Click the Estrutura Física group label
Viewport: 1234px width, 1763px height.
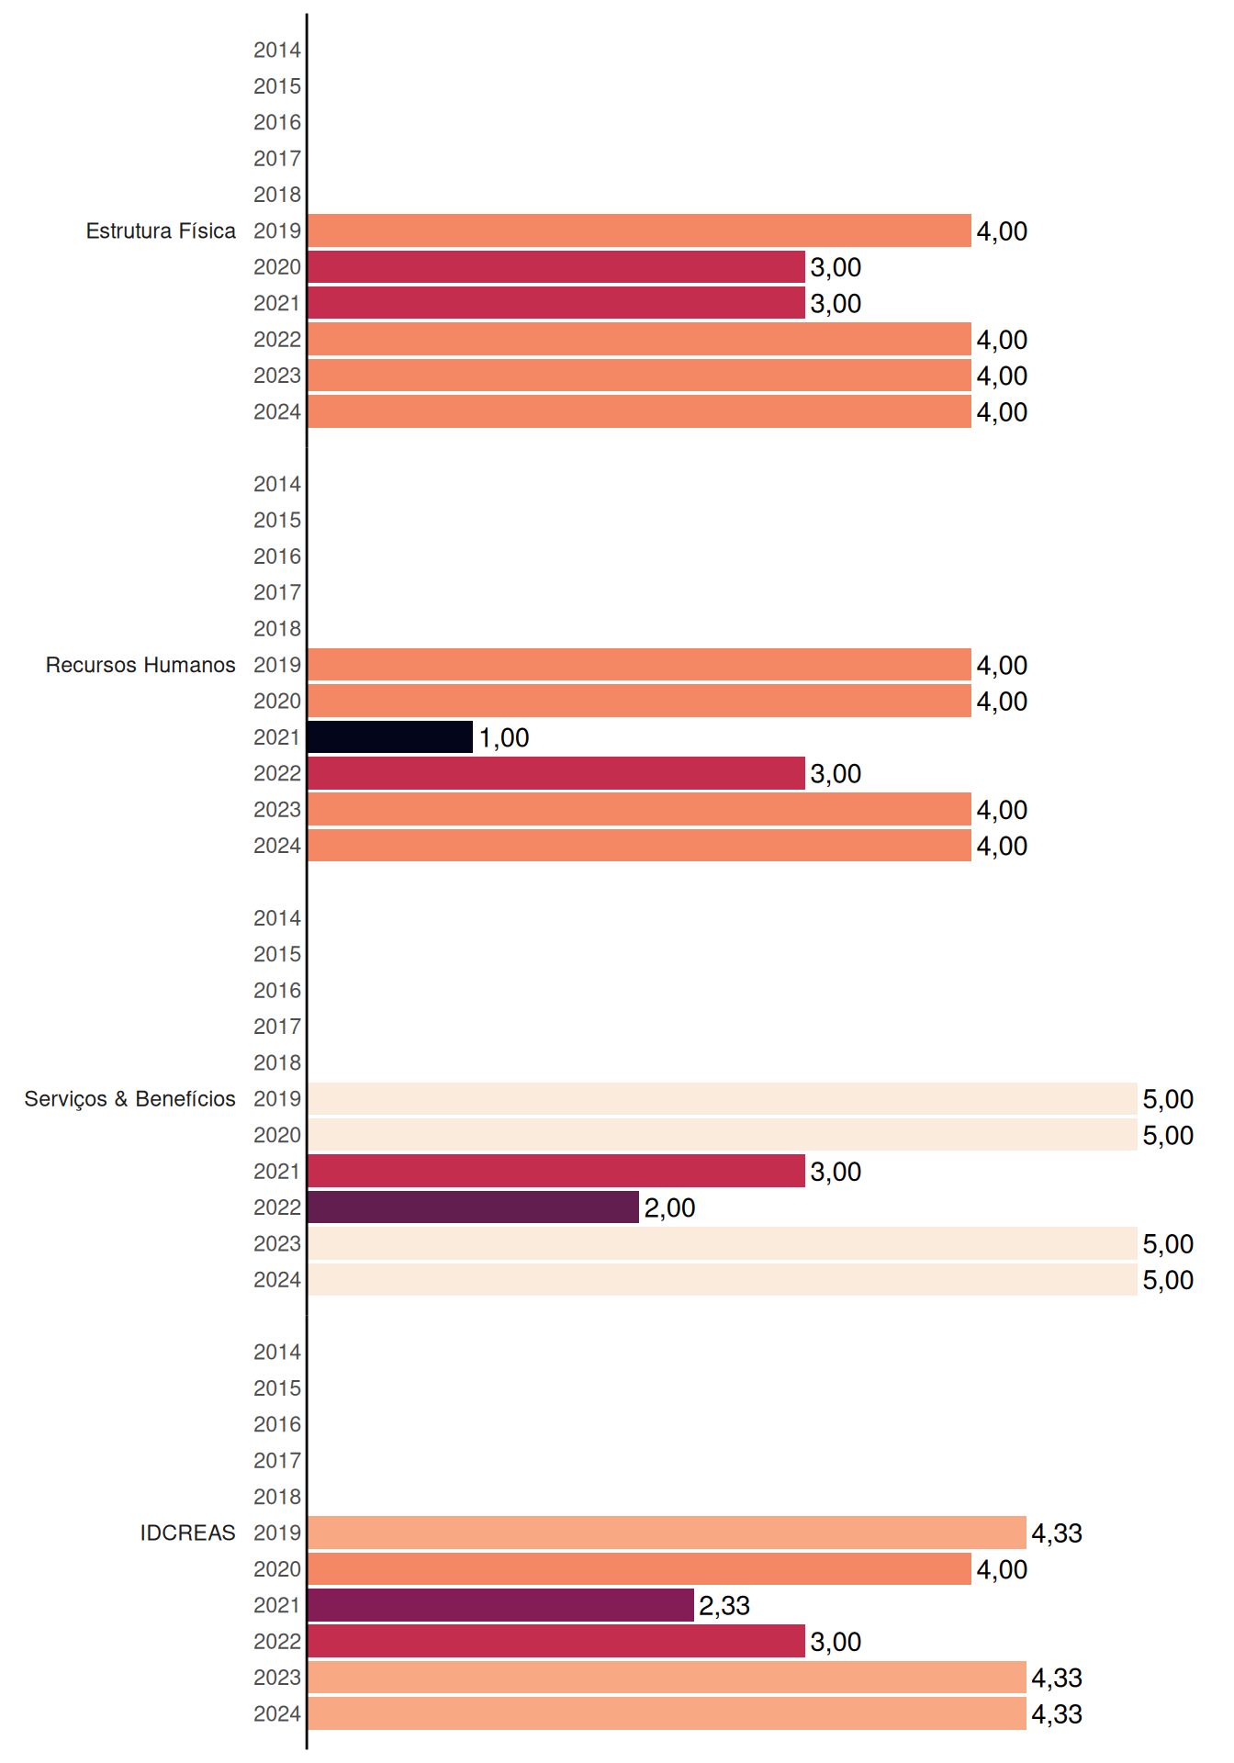(x=161, y=230)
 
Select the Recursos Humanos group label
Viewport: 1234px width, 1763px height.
(x=140, y=665)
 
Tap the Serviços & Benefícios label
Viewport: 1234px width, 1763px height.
(x=129, y=1099)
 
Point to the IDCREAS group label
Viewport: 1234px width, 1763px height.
(x=187, y=1533)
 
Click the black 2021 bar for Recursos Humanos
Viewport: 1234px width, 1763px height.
(x=390, y=737)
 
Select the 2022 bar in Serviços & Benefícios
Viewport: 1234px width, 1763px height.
(x=473, y=1207)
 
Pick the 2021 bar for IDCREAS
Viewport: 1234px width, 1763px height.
(x=500, y=1605)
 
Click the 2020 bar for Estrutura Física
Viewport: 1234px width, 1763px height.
(x=556, y=267)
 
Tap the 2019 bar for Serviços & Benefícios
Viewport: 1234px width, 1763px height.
(x=723, y=1099)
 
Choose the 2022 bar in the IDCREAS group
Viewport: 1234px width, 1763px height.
(x=556, y=1641)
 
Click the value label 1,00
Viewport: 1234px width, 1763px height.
(x=504, y=738)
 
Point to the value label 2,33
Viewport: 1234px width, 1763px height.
(x=724, y=1606)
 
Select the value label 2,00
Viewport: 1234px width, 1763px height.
(x=669, y=1208)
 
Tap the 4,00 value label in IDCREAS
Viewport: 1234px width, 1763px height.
(x=1002, y=1570)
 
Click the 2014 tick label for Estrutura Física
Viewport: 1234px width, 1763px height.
(x=277, y=51)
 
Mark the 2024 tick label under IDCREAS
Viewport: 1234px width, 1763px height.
(x=277, y=1714)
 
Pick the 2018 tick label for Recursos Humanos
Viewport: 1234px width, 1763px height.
(x=277, y=629)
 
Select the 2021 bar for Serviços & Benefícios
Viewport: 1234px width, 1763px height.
(x=556, y=1171)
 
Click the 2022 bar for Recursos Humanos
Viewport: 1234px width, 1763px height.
(x=556, y=773)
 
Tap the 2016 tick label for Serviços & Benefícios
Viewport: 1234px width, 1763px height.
(x=277, y=991)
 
